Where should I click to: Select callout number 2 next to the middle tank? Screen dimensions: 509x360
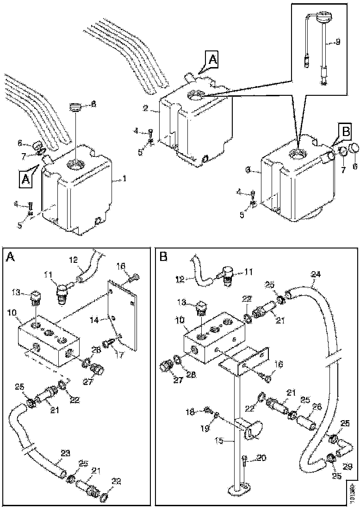tap(145, 109)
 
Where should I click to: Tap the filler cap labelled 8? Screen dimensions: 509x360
tap(75, 107)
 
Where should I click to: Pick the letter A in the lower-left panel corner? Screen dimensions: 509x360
tap(10, 257)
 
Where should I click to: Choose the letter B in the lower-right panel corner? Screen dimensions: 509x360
tap(163, 256)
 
